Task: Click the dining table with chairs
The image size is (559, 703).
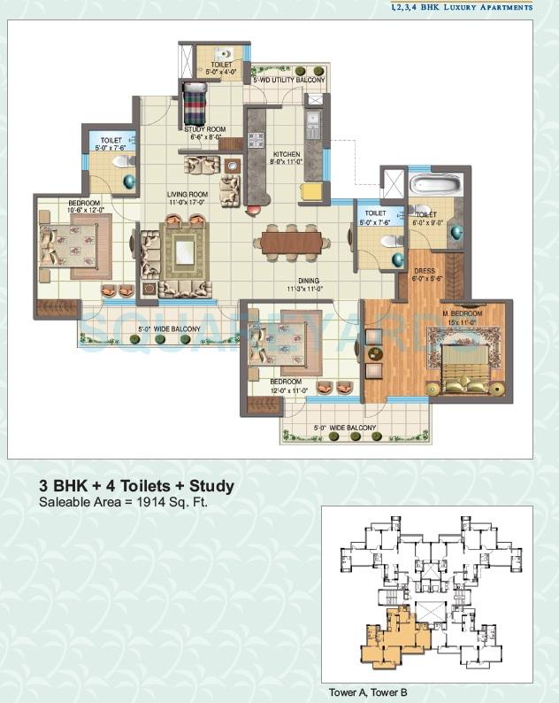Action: point(290,241)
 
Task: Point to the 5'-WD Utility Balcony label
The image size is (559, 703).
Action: point(288,81)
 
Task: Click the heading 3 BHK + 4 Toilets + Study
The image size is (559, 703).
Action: point(136,485)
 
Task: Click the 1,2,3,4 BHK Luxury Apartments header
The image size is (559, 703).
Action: point(462,7)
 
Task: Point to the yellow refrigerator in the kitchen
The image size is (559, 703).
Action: point(310,192)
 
